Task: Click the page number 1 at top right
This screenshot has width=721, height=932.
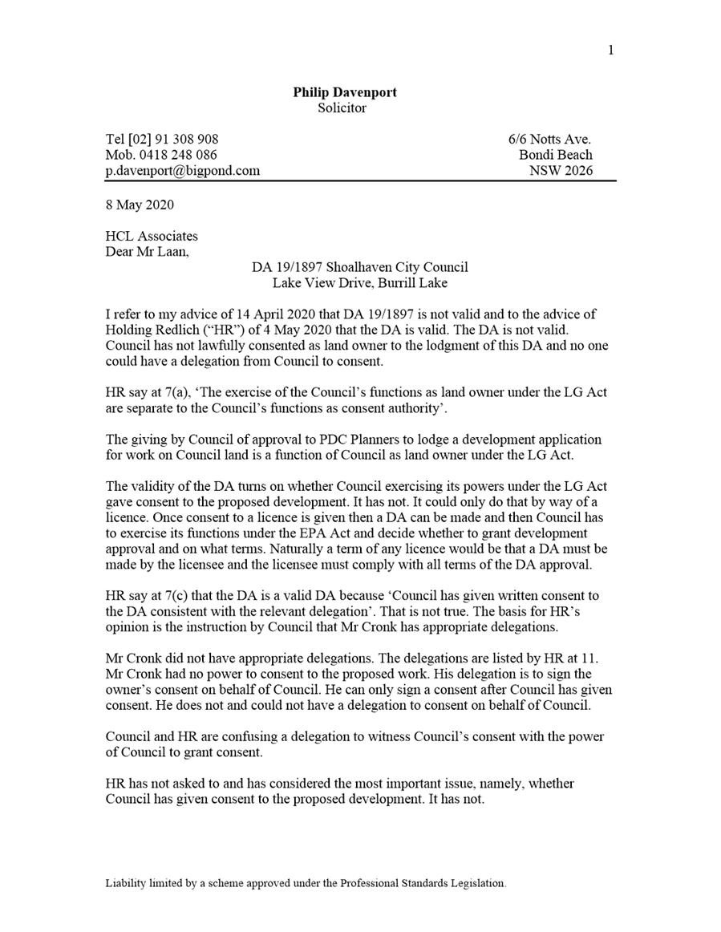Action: coord(611,51)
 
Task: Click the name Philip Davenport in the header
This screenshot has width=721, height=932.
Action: coord(344,92)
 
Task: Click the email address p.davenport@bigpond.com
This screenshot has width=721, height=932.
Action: coord(182,170)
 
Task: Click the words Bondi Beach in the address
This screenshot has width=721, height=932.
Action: coord(556,155)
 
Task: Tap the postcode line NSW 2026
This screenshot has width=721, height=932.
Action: coord(561,170)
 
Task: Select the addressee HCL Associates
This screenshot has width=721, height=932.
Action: coord(151,236)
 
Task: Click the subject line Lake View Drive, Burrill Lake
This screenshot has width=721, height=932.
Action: coord(359,282)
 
